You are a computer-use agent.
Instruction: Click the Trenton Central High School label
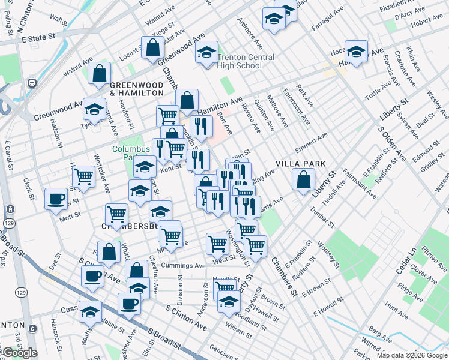click(x=246, y=61)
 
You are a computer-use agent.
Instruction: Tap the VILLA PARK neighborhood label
click(x=300, y=164)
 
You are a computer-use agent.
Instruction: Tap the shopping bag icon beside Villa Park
click(x=304, y=179)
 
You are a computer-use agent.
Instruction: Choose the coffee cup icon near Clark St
click(x=56, y=199)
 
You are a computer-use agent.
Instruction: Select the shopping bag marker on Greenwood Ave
click(x=153, y=47)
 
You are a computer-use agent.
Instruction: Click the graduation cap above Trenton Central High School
click(x=206, y=53)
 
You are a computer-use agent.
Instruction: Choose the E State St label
click(x=37, y=37)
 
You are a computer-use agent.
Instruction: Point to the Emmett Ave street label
click(x=312, y=143)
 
